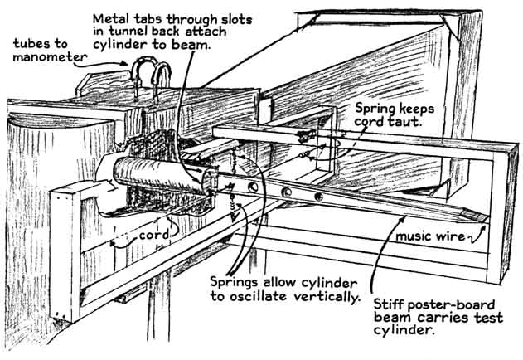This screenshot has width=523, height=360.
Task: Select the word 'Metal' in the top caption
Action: (x=111, y=17)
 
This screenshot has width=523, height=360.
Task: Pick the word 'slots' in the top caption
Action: (x=237, y=17)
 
